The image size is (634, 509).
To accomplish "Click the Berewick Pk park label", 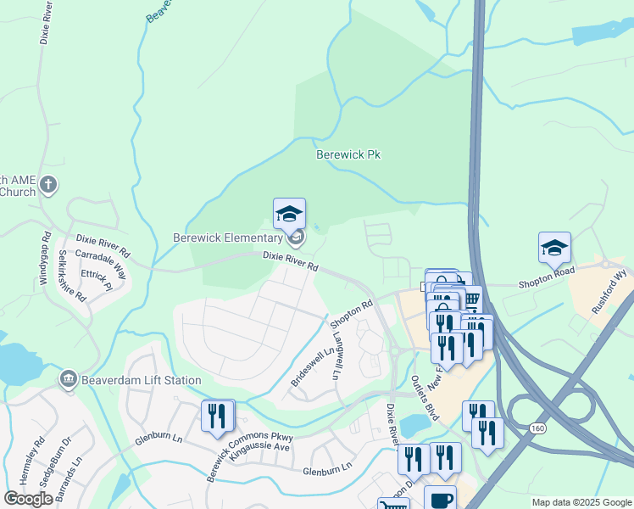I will coord(348,155).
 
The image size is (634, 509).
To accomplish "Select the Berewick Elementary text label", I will coord(227,238).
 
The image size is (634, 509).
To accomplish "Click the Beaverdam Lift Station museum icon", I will coord(68,379).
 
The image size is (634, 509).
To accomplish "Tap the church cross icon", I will coord(49,184).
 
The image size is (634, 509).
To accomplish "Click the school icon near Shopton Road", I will coord(554,248).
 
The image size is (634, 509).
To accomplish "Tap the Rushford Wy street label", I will coord(609,293).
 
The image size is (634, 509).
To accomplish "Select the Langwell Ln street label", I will coord(336,357).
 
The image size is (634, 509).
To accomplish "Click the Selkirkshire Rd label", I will coord(72,276).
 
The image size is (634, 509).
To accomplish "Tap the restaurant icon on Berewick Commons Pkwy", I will coord(218,416).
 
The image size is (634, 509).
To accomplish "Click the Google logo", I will coord(29,499).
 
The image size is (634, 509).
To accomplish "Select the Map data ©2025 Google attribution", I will coord(581,502).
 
